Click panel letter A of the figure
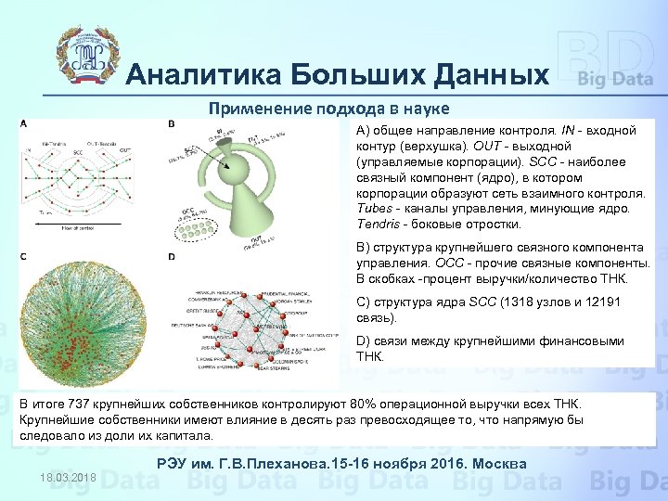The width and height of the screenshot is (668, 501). [23, 124]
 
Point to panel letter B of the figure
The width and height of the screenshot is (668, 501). [171, 124]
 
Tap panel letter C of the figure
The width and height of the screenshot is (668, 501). [23, 255]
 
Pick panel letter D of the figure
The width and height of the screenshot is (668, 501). [171, 256]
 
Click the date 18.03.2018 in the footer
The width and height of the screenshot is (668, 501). [69, 477]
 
